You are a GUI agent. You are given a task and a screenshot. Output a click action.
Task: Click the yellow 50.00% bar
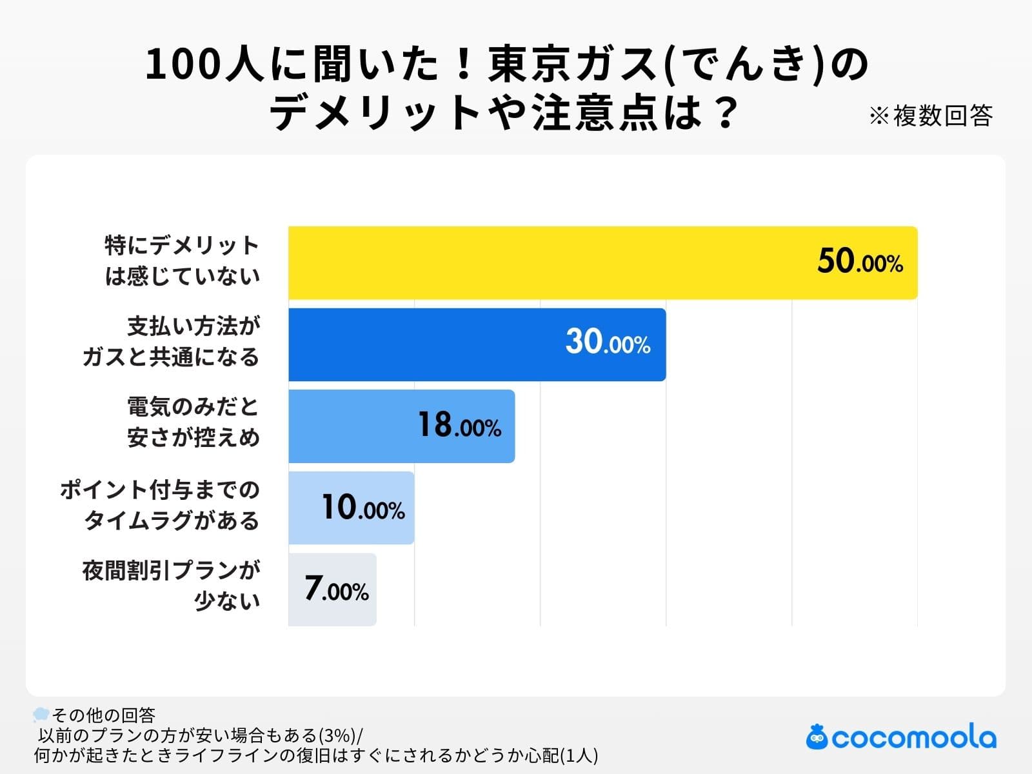click(x=548, y=263)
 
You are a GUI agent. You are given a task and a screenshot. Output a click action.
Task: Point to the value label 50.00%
click(x=860, y=262)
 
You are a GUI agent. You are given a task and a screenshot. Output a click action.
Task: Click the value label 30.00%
click(x=608, y=342)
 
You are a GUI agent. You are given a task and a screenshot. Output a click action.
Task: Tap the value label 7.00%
click(x=336, y=589)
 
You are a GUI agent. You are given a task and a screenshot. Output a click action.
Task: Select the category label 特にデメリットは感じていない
click(x=183, y=261)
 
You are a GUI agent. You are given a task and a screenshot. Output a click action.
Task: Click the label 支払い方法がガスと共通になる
click(x=172, y=342)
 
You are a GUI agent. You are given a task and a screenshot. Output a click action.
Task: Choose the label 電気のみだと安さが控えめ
click(x=193, y=422)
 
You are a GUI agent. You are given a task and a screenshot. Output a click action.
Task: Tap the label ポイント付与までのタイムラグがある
click(x=160, y=505)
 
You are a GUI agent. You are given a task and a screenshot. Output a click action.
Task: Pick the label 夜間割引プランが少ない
click(x=172, y=586)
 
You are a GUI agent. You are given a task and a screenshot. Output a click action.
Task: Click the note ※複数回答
click(x=930, y=116)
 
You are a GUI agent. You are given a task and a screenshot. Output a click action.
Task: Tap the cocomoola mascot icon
click(x=817, y=737)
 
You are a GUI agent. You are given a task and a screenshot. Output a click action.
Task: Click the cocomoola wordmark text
click(x=914, y=738)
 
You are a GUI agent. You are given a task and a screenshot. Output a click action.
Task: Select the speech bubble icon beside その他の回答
click(x=41, y=714)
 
